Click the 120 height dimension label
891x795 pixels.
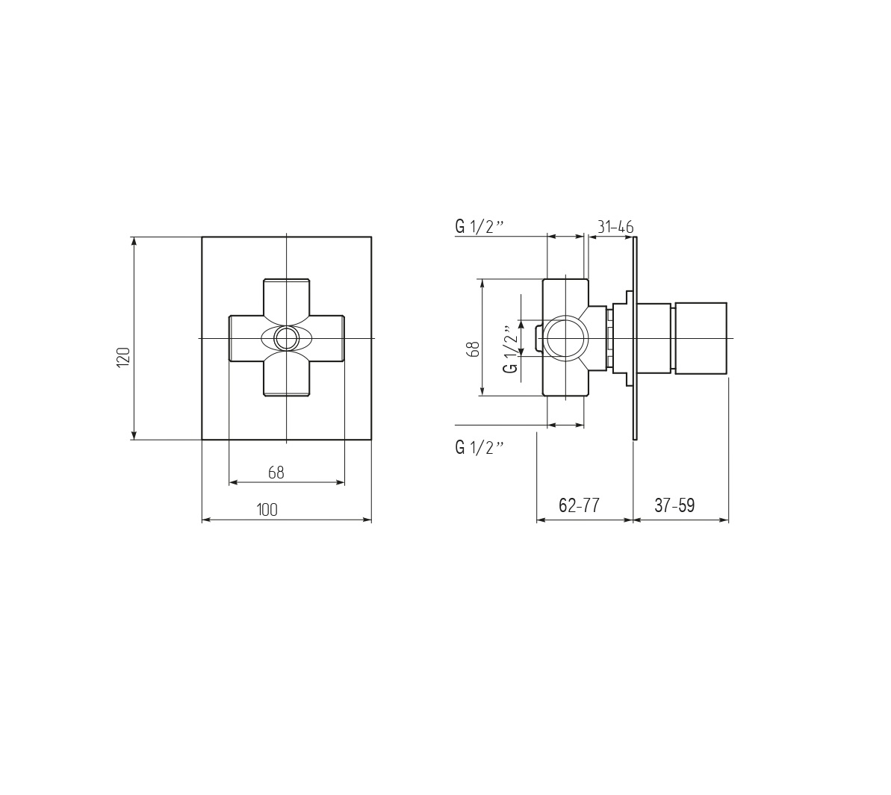124,357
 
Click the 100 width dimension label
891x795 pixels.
267,510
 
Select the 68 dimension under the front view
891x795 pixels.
276,473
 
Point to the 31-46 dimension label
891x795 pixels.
615,227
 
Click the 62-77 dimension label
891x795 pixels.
579,505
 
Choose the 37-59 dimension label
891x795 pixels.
674,505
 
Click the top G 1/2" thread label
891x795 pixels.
480,227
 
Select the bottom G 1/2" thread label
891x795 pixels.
480,447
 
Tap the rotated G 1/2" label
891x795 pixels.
511,349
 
